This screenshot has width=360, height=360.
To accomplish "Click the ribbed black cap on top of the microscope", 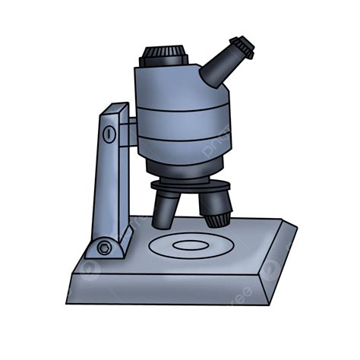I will pos(165,55).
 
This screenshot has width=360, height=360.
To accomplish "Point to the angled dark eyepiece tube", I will pos(220,65).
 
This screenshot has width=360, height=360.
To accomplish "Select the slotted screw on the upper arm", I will pos(109,135).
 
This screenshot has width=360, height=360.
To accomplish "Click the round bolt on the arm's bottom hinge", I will pos(103,248).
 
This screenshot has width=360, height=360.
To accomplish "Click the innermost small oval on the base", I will pos(190,245).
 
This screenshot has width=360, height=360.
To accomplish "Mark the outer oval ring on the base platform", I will pos(156,245).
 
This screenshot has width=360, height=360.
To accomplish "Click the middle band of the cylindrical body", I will pos(183,125).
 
